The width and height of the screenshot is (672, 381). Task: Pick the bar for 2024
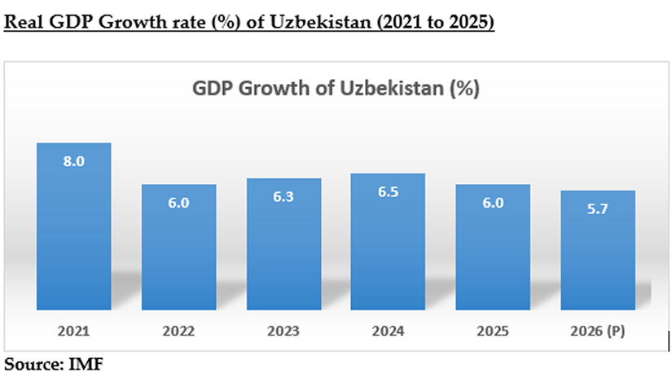388,242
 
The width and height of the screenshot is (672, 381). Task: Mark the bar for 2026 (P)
597,250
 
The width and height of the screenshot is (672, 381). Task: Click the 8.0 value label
74,161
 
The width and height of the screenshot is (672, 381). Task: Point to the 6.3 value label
283,197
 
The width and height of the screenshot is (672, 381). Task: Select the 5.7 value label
597,209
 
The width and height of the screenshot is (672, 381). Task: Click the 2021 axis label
74,331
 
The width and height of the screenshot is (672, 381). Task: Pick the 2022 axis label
178,331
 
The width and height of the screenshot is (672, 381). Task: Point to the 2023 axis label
283,331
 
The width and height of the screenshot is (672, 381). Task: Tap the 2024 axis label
388,331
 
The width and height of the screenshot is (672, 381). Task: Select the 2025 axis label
493,331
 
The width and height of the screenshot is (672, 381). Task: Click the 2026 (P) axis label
597,331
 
